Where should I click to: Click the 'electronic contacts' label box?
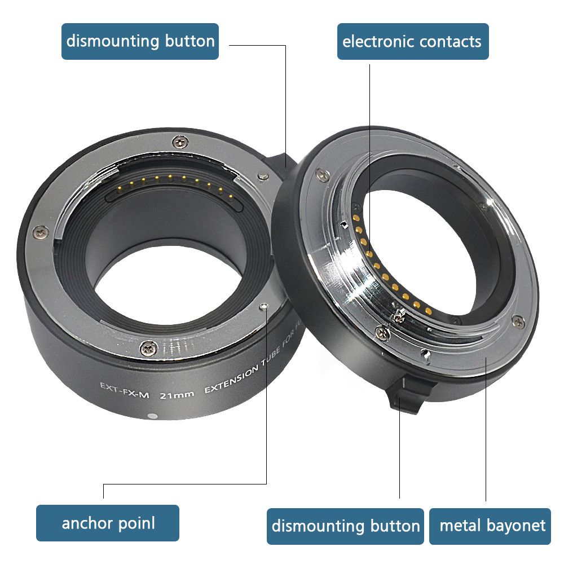click(412, 41)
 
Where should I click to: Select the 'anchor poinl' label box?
click(108, 522)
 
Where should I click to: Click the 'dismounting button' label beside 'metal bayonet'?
click(345, 526)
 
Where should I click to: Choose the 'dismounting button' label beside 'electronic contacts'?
click(140, 41)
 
